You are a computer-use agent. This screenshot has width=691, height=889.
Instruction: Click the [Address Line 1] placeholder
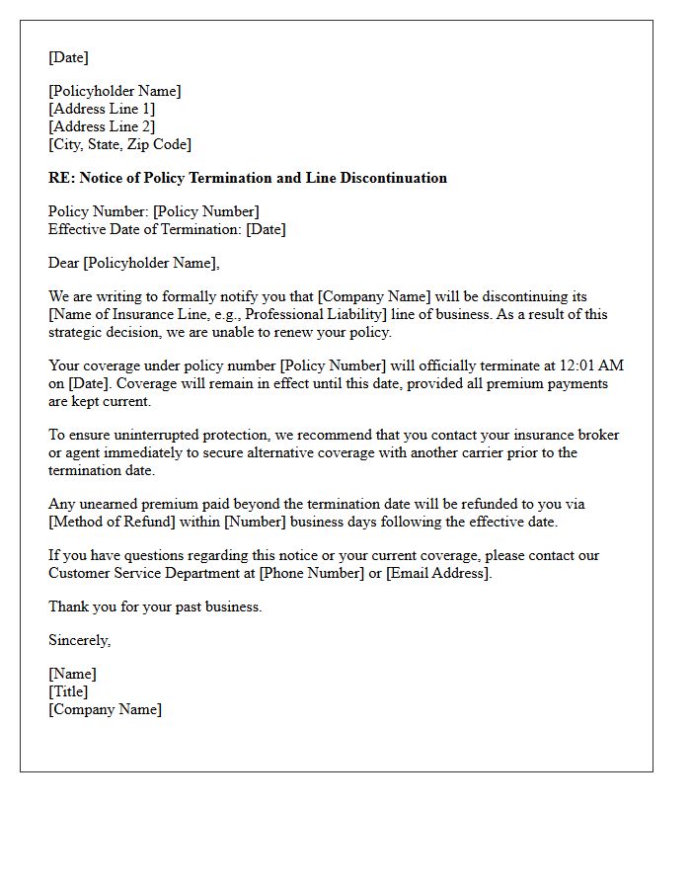tap(102, 109)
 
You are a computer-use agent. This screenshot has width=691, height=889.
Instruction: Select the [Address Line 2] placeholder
tap(102, 126)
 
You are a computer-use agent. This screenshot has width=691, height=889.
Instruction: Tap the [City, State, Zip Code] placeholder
tap(119, 144)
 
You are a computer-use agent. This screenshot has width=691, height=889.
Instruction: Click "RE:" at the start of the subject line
tap(61, 178)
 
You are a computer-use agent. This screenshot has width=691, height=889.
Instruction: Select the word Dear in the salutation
tap(64, 263)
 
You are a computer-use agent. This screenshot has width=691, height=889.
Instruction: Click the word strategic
tap(77, 332)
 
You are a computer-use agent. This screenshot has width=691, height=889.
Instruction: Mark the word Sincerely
tap(79, 640)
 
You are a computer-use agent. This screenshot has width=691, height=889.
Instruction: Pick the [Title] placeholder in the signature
tap(68, 691)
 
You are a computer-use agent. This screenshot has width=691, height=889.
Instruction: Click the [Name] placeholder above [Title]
tap(72, 674)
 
